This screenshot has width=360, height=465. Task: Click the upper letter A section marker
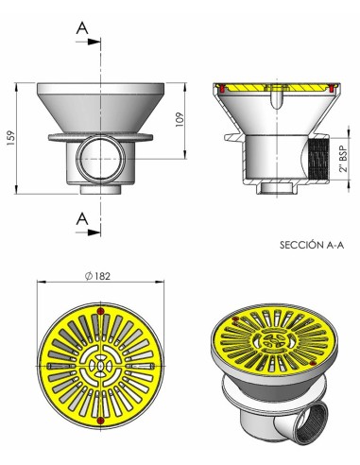point(83,30)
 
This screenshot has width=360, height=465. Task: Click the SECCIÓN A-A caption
point(312,244)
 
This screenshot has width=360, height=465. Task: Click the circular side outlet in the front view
point(99,153)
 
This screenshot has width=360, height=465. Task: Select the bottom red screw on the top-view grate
point(98,418)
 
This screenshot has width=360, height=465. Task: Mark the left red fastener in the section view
point(222,90)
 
